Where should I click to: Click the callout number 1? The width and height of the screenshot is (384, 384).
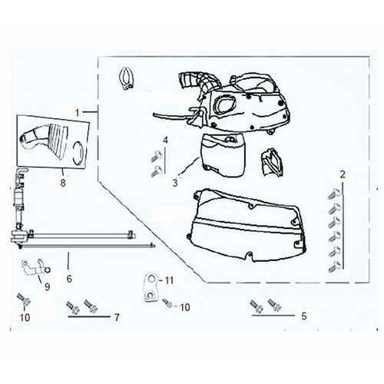click(78, 113)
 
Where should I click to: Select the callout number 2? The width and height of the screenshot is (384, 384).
click(343, 174)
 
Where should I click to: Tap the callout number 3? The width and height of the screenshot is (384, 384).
click(175, 183)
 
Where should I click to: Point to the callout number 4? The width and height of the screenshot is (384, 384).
click(166, 141)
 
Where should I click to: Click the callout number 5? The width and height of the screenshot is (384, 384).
click(304, 316)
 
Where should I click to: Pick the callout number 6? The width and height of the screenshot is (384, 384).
click(69, 279)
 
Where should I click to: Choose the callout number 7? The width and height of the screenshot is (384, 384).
click(117, 318)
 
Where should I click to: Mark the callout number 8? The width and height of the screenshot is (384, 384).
click(63, 183)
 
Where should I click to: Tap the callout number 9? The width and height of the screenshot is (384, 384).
click(47, 286)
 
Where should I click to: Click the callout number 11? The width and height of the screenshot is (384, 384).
click(169, 280)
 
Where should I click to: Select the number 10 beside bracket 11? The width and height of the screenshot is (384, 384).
click(185, 307)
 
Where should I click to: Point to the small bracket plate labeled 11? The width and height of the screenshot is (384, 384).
click(151, 288)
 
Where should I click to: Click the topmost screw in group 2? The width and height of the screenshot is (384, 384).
click(334, 194)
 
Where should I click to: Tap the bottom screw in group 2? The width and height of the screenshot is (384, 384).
click(334, 266)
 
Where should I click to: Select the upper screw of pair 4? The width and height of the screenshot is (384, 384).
click(156, 155)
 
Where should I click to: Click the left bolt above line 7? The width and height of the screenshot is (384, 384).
click(72, 306)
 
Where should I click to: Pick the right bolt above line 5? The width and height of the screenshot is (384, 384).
click(274, 305)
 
